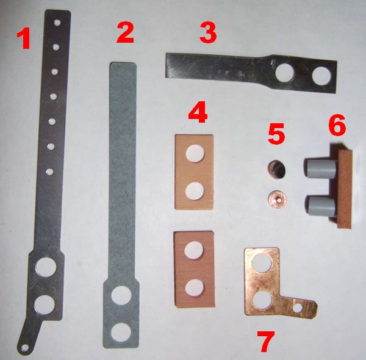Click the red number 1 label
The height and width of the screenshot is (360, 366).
(23, 38)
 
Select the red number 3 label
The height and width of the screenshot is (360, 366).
(208, 33)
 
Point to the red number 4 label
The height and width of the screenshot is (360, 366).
(198, 112)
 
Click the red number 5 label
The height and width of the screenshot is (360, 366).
(276, 133)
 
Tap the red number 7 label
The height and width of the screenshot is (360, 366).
(266, 341)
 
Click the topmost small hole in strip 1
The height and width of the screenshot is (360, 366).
(57, 23)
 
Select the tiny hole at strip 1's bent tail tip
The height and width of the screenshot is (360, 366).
(24, 348)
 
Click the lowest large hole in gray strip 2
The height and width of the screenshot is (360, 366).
(121, 332)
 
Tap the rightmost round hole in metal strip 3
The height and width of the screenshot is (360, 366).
(321, 76)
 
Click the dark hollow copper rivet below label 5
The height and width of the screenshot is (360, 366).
(276, 168)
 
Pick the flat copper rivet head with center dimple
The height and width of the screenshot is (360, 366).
(277, 200)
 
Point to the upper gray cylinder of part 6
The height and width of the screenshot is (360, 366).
(320, 168)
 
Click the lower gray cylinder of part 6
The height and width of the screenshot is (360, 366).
(320, 207)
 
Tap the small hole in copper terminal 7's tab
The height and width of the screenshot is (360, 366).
(298, 308)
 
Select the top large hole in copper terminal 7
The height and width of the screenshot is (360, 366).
(262, 263)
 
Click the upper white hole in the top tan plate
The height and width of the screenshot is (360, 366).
(195, 153)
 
